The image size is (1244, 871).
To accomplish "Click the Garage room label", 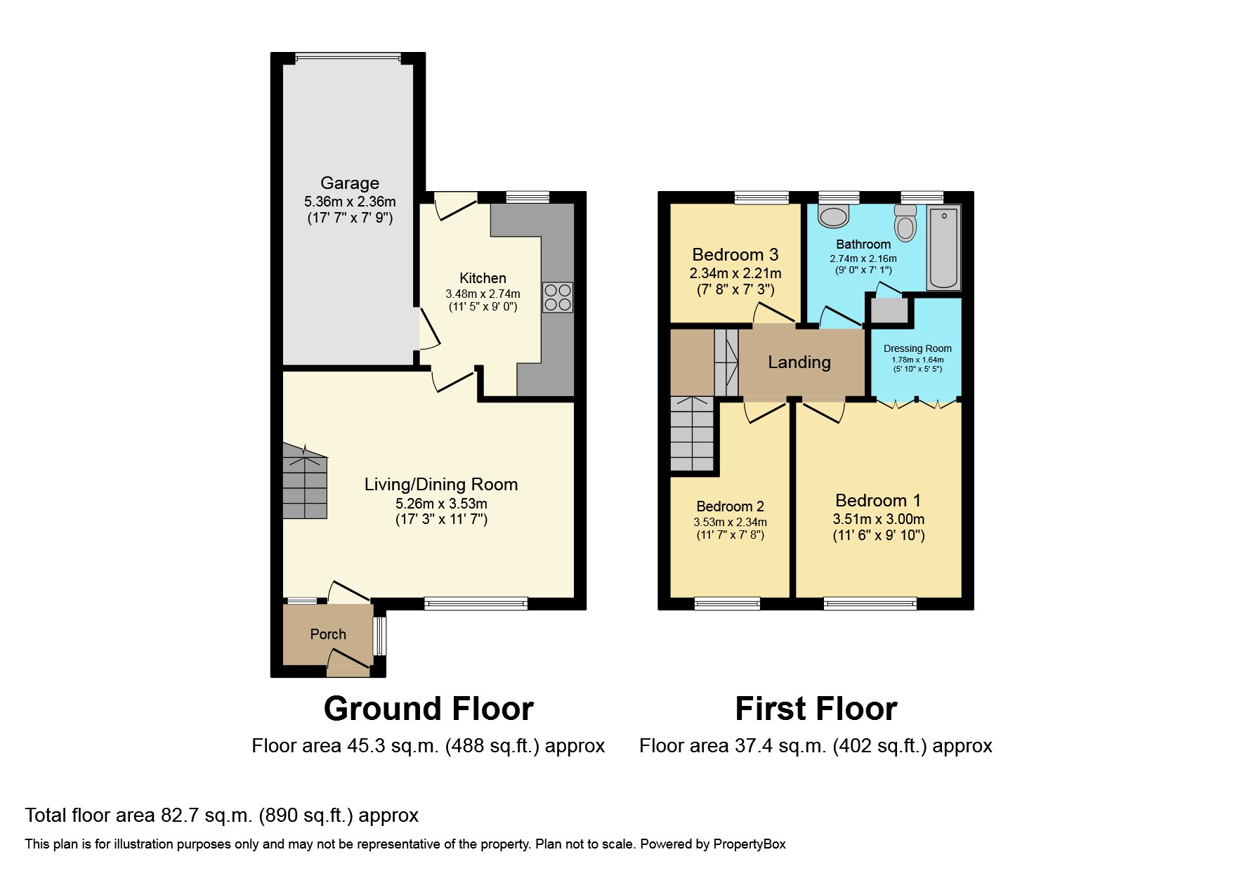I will [x=350, y=183].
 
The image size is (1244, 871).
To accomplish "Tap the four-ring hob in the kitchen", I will [x=558, y=297].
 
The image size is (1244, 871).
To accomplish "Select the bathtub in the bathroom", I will [x=943, y=247].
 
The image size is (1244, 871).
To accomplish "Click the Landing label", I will [x=799, y=362].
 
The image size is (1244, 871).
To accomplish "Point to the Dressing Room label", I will [x=917, y=348].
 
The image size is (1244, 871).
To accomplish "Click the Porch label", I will [x=328, y=634].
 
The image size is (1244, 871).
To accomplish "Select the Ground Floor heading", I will [x=428, y=709].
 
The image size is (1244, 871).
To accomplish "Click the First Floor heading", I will [x=816, y=709].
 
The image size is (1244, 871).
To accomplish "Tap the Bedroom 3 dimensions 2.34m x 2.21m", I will [x=735, y=273].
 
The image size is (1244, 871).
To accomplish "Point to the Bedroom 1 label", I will [x=878, y=501].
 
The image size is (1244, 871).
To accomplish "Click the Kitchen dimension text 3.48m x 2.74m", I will [x=483, y=294].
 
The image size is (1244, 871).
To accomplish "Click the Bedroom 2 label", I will [x=730, y=506].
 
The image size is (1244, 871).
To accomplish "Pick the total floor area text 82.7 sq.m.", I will [x=221, y=816].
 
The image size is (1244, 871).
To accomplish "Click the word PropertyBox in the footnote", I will [x=749, y=844].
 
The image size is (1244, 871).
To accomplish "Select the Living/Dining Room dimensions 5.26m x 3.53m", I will [x=441, y=504].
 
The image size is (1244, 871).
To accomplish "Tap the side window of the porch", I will [x=379, y=636].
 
